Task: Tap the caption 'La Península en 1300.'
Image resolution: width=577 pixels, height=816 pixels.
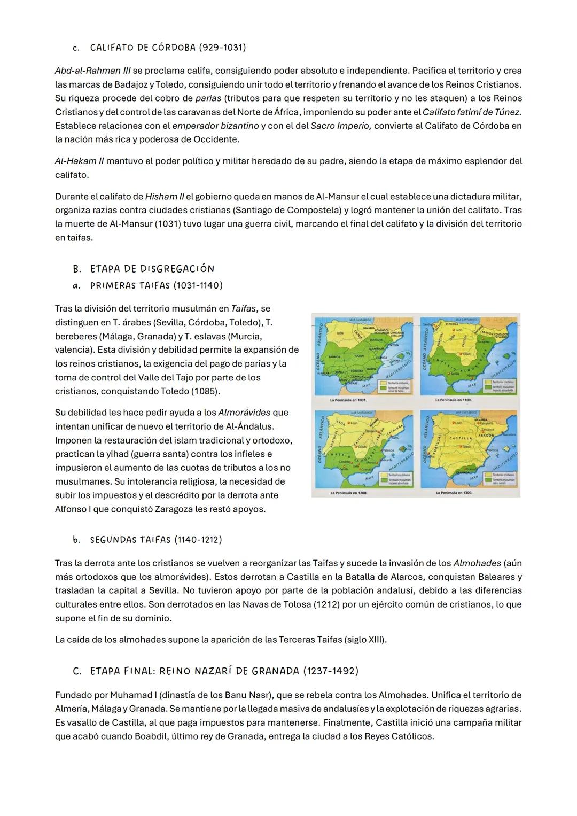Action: coord(454,492)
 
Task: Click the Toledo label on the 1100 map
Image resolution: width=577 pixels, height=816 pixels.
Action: coord(466,354)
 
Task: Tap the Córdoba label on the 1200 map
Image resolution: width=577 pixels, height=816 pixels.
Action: coord(345,461)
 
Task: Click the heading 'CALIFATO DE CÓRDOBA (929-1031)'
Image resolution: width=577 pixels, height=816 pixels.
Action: coord(168,48)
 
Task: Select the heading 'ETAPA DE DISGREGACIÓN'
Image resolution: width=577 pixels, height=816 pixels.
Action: coord(152,268)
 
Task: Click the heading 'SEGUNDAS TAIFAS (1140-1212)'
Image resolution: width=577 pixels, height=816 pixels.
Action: coord(155,539)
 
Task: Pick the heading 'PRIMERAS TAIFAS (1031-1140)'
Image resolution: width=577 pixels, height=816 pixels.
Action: coord(156,285)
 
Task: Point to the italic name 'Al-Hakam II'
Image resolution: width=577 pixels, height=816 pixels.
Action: coord(79,161)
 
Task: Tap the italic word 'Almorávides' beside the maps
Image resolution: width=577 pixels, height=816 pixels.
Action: coord(245,413)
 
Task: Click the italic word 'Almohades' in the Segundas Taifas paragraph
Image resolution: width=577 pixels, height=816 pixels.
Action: coord(477,563)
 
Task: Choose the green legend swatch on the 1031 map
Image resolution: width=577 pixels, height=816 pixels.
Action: coord(383,390)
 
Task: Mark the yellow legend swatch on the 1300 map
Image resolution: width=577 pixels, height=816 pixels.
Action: coord(487,473)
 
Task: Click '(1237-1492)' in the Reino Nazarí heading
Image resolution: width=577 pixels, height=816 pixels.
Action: coord(330,671)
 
